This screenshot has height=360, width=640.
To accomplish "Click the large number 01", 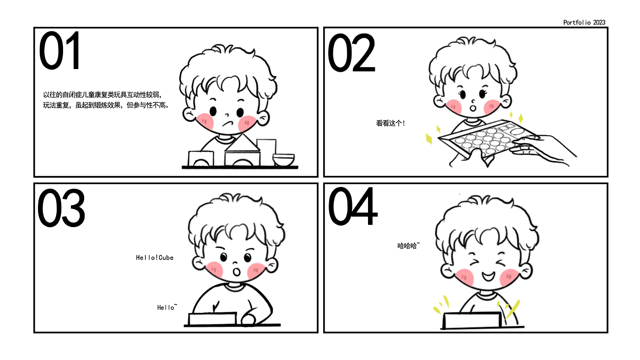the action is [59, 51].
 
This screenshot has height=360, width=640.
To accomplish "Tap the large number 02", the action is [352, 53].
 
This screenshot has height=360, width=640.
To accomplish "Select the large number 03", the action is [61, 207].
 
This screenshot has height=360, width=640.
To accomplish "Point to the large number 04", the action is [353, 206].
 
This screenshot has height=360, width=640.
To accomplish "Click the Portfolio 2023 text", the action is [584, 22].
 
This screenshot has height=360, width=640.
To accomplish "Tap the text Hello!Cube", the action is [155, 258].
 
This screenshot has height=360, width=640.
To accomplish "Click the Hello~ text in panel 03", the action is [167, 307].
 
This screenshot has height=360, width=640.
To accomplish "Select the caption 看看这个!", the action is [390, 123].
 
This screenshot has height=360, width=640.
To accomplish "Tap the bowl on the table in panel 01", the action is [283, 159].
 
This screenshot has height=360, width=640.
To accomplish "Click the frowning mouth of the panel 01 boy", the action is [228, 124].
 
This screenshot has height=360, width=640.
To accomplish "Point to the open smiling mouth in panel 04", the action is [488, 276].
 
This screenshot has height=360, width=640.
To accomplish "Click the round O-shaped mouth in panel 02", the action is [473, 108].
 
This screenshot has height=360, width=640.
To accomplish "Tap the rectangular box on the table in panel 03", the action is [213, 318].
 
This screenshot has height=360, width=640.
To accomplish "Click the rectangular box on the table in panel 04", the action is [472, 320].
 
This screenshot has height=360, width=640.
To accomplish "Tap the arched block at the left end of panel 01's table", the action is [201, 159].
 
